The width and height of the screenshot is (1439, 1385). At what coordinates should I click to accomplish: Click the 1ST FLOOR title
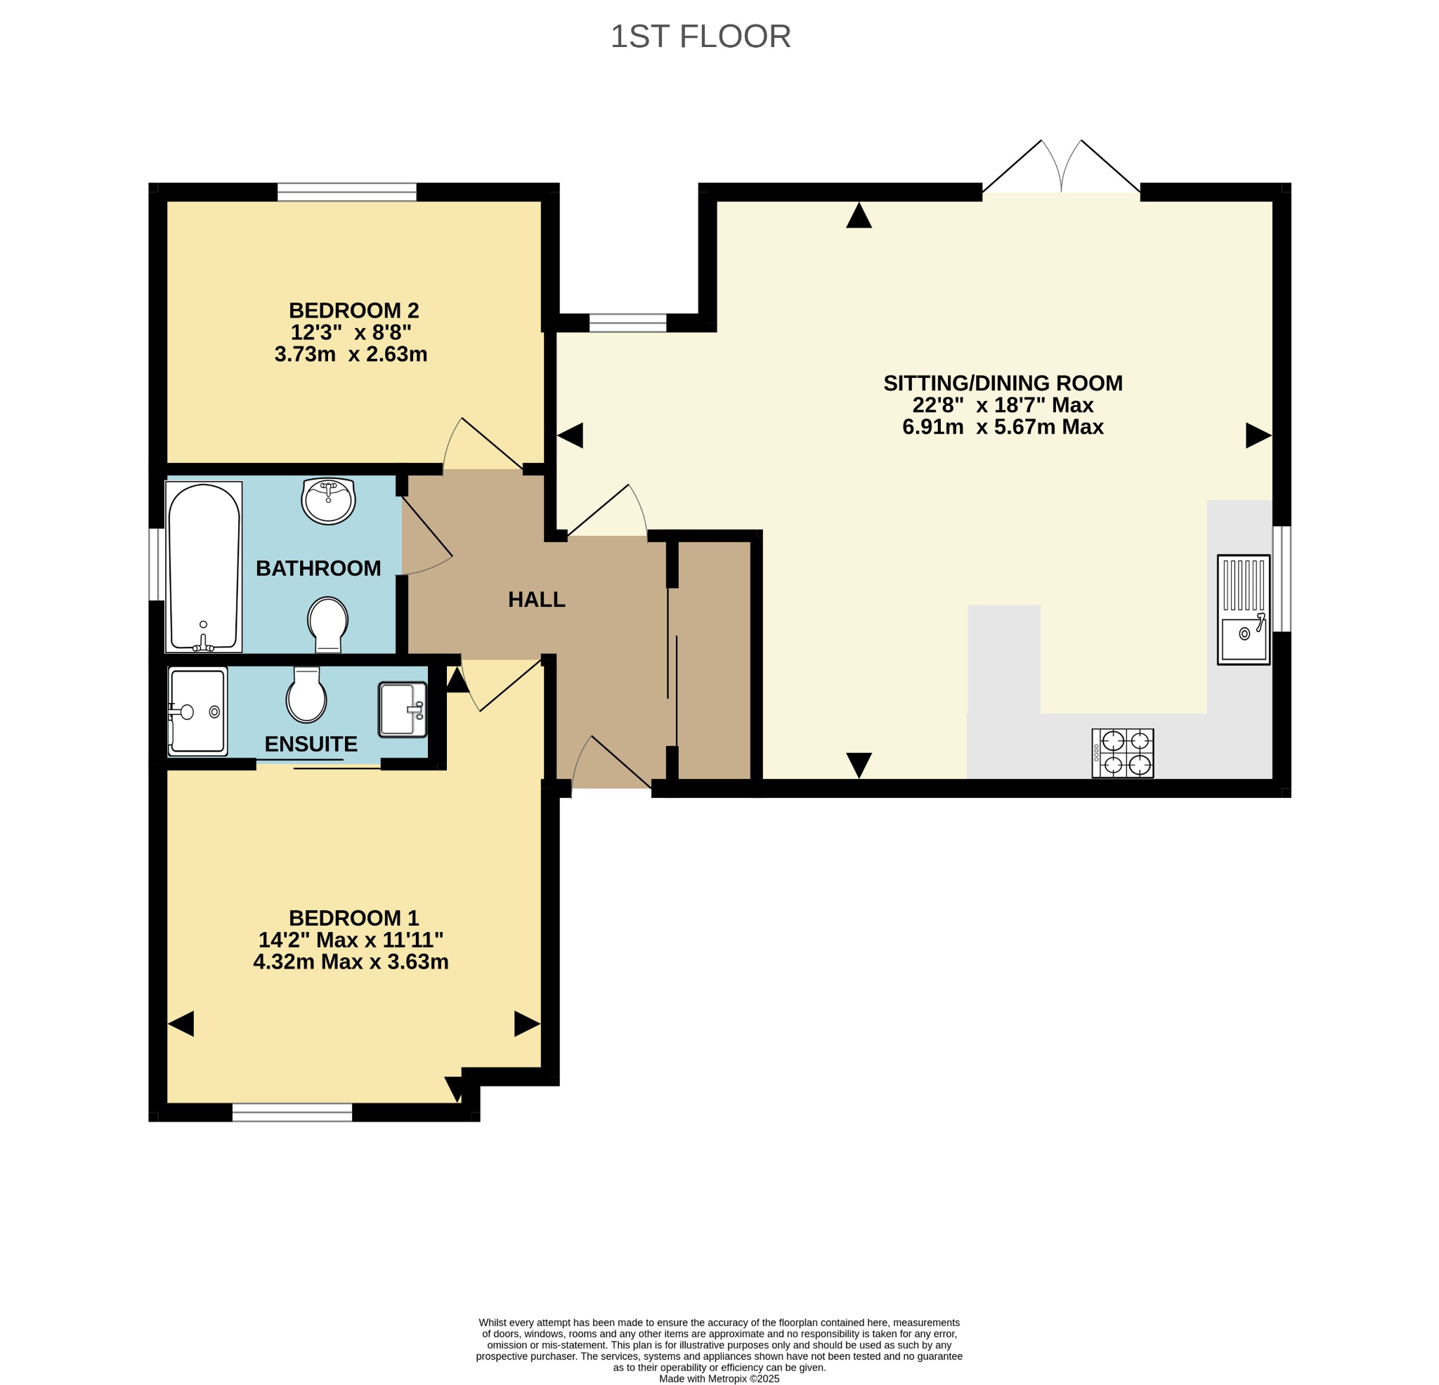701,37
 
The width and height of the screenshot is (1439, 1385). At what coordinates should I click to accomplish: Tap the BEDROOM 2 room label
354,310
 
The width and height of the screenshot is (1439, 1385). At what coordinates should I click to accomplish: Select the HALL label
537,600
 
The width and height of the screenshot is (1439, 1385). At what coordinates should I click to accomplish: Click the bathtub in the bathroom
204,567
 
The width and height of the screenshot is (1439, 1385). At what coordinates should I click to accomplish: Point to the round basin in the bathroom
328,501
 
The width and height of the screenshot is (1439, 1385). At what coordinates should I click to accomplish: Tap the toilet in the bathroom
328,624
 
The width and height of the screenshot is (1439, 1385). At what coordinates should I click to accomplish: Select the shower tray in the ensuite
197,711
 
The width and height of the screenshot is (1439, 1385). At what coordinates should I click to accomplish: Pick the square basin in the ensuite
403,710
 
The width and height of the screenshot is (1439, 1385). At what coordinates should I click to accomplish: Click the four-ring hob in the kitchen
1123,753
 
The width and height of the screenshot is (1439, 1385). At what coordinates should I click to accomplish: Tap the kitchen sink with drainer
1244,610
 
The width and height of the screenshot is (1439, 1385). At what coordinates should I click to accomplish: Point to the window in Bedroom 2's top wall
346,192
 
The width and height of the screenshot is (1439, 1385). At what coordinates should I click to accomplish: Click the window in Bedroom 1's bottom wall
292,1112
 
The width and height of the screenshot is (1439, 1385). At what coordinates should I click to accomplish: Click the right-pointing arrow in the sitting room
1258,436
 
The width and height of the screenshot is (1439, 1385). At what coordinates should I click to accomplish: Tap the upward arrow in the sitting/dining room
859,215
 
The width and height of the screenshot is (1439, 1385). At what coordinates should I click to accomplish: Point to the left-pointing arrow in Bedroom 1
181,1024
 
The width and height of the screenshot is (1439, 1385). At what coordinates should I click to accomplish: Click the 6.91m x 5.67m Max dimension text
1003,427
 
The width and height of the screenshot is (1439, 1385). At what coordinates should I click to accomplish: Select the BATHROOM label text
318,568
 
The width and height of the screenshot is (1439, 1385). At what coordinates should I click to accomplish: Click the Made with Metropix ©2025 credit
719,1379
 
